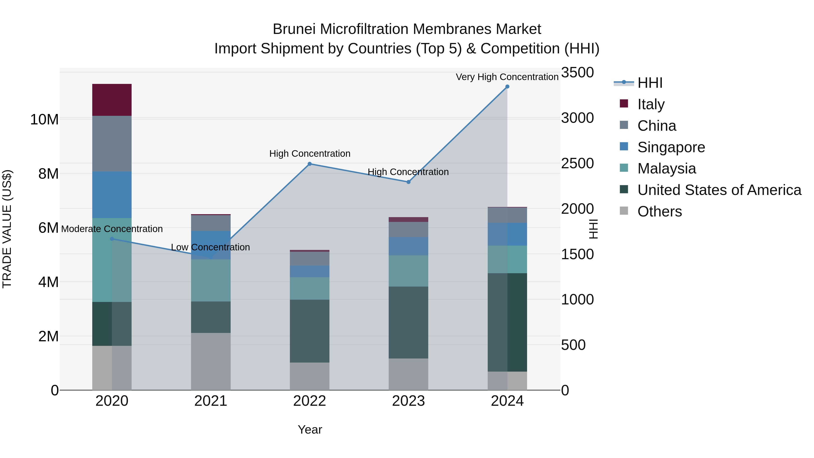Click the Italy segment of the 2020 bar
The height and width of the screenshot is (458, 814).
click(112, 100)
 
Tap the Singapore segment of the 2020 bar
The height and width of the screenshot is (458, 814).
click(112, 195)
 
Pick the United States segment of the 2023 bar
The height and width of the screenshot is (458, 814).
click(408, 322)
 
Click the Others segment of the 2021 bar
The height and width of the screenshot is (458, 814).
click(211, 361)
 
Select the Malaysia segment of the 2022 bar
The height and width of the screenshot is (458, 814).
click(310, 288)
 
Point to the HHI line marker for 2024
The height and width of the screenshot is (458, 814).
click(507, 87)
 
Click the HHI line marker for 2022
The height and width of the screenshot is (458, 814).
click(310, 164)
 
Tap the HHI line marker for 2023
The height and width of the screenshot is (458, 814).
click(408, 182)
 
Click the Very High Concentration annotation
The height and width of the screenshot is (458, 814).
click(507, 77)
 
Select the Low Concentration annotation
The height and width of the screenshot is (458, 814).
click(211, 247)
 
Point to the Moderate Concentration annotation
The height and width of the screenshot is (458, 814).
click(112, 229)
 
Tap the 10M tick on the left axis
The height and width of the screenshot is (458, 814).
click(44, 119)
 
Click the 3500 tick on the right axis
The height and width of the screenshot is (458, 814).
click(577, 72)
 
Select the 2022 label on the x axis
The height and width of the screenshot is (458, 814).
click(310, 401)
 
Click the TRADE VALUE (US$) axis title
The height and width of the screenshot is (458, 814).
click(7, 229)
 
